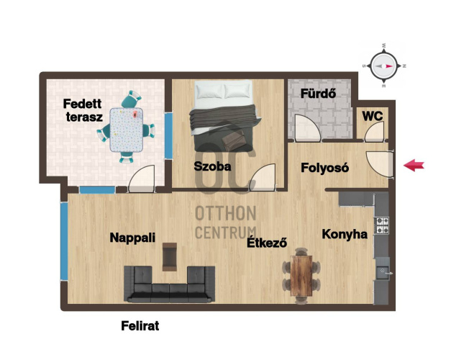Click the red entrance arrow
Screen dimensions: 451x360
[x=414, y=166]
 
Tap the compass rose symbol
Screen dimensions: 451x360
[x=383, y=66]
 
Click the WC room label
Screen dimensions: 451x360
[x=373, y=117]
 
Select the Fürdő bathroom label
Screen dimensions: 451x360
[x=318, y=94]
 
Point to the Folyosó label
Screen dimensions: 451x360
[x=325, y=168]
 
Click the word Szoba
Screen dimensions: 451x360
[x=212, y=166]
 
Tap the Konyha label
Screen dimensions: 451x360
[x=345, y=234]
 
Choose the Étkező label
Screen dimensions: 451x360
[x=267, y=243]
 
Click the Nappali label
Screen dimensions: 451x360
[x=132, y=238]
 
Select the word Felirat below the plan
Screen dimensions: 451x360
[x=140, y=326]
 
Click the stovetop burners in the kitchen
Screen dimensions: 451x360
[x=381, y=225]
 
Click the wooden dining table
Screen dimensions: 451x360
[x=301, y=276]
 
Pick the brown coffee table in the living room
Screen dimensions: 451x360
[x=170, y=257]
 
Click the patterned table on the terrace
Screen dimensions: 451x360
[x=127, y=130]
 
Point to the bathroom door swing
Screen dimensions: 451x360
[x=307, y=127]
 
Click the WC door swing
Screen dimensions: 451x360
[x=374, y=132]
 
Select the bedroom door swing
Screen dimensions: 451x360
[x=263, y=177]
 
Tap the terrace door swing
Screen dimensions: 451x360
[x=142, y=179]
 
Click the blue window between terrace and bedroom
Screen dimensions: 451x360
[x=168, y=135]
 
